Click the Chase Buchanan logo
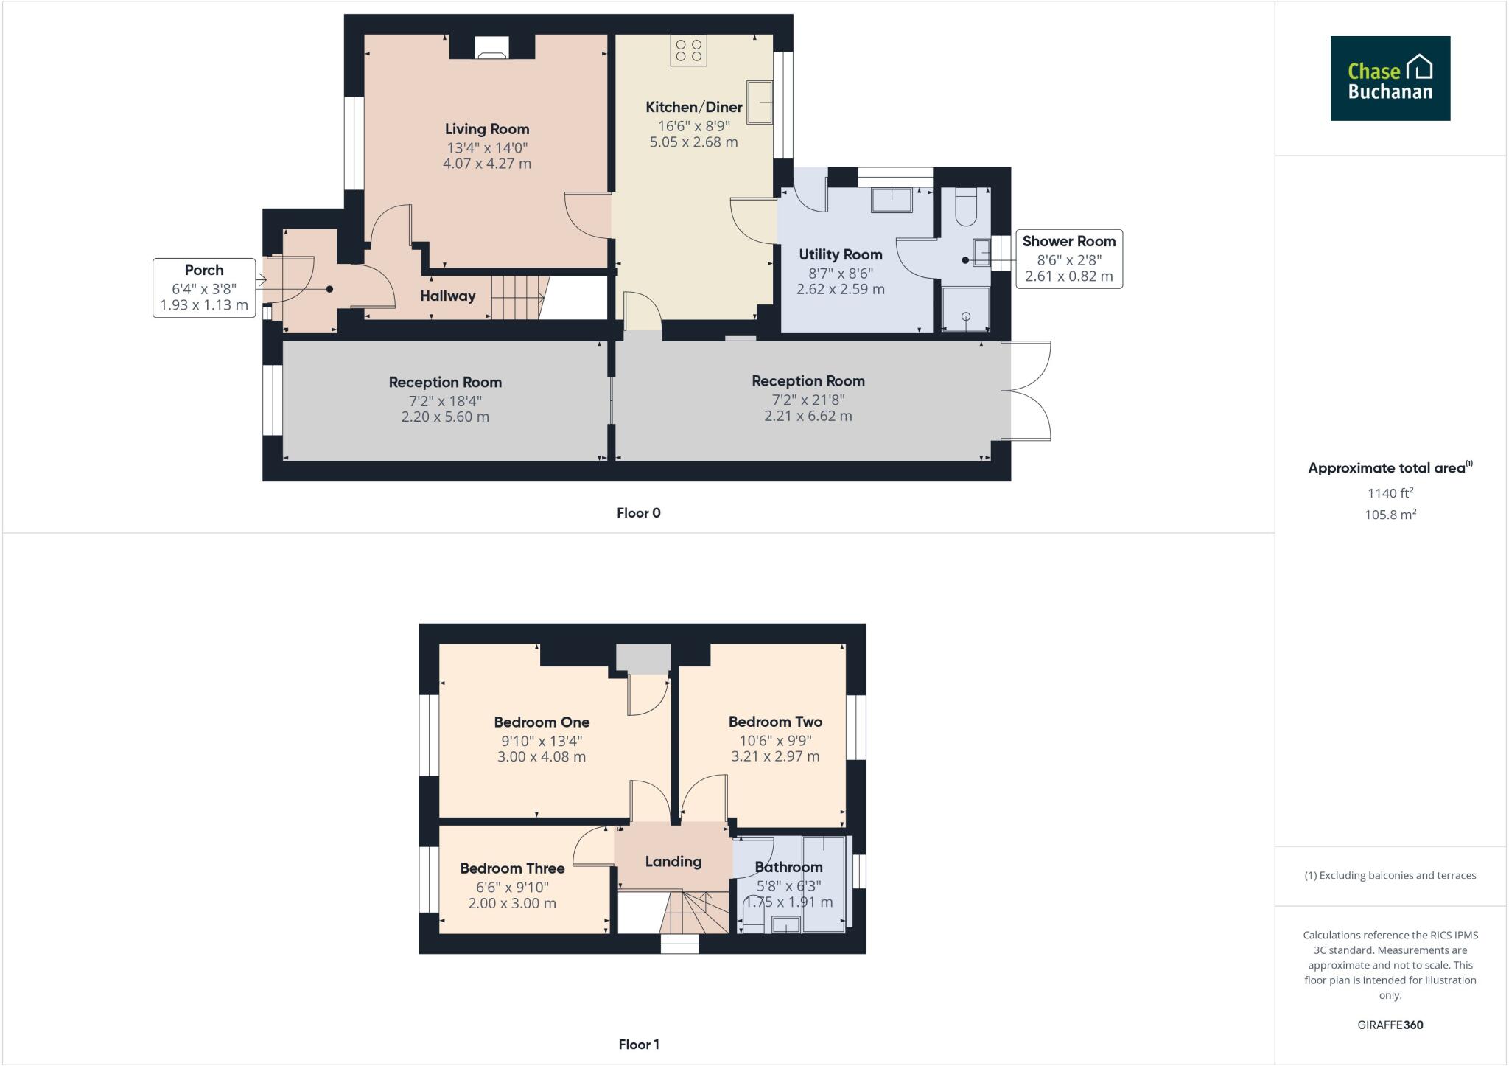pyautogui.click(x=1390, y=78)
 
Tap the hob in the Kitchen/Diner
pyautogui.click(x=688, y=50)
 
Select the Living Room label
pyautogui.click(x=487, y=129)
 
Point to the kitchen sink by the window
pyautogui.click(x=760, y=102)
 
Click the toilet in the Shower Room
pyautogui.click(x=965, y=207)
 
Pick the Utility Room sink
pyautogui.click(x=892, y=200)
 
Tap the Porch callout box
pyautogui.click(x=204, y=288)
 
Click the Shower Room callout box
pyautogui.click(x=1069, y=259)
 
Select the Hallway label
pyautogui.click(x=448, y=296)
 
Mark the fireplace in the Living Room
pyautogui.click(x=491, y=48)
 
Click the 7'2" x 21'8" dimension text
pyautogui.click(x=808, y=400)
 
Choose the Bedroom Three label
pyautogui.click(x=512, y=868)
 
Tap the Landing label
pyautogui.click(x=673, y=861)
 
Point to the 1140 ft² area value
pyautogui.click(x=1390, y=493)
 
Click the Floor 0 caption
pyautogui.click(x=639, y=513)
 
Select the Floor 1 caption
pyautogui.click(x=639, y=1044)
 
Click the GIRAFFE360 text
pyautogui.click(x=1390, y=1025)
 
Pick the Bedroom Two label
pyautogui.click(x=775, y=722)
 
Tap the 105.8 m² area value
pyautogui.click(x=1390, y=515)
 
